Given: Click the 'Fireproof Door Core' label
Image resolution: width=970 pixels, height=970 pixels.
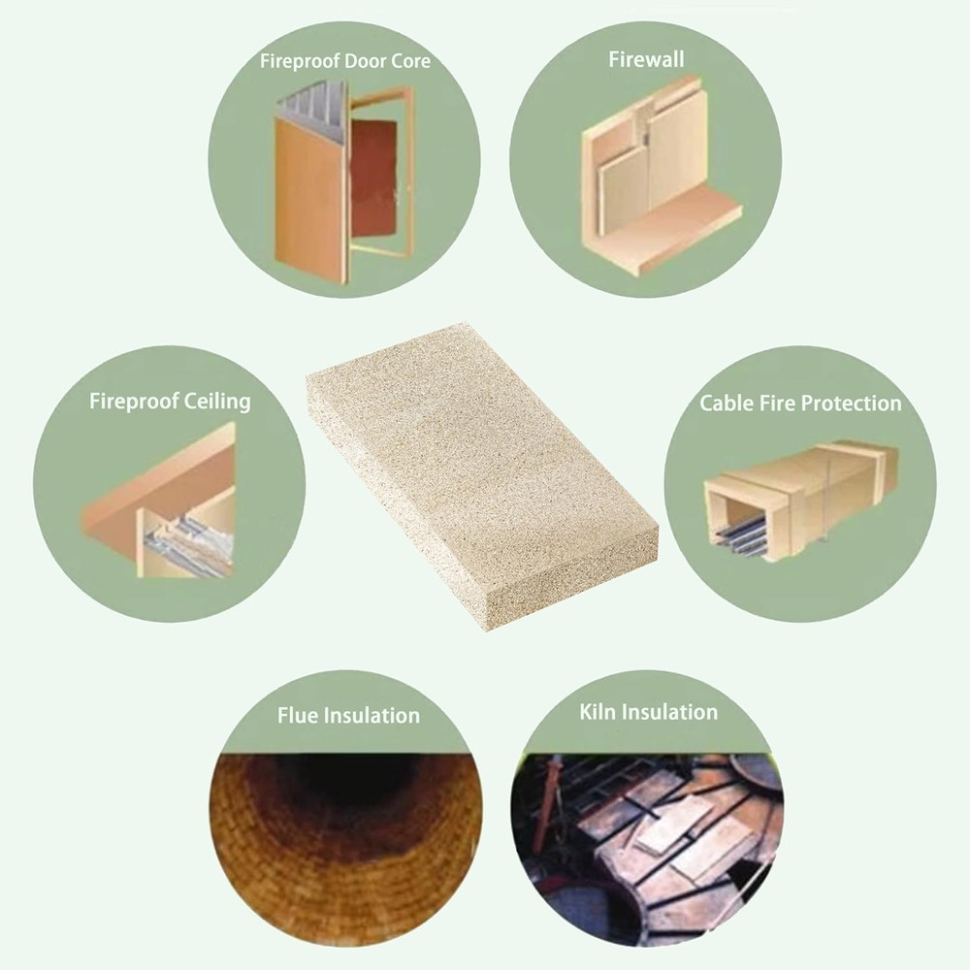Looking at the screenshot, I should [x=344, y=61].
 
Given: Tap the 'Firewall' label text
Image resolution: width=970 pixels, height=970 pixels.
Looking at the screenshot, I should [x=646, y=59].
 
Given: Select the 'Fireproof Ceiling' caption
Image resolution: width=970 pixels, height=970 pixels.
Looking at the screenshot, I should [x=170, y=401].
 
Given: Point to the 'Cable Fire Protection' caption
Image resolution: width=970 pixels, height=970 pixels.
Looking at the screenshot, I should [x=800, y=403].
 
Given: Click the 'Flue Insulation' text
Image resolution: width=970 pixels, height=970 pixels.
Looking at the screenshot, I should [x=348, y=716].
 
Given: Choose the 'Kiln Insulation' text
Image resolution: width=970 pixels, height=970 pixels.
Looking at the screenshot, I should [x=648, y=712].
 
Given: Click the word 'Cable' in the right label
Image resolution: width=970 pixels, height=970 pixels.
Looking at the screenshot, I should [x=727, y=403].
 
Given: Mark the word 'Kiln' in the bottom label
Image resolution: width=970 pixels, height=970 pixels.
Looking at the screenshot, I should [x=598, y=712].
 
